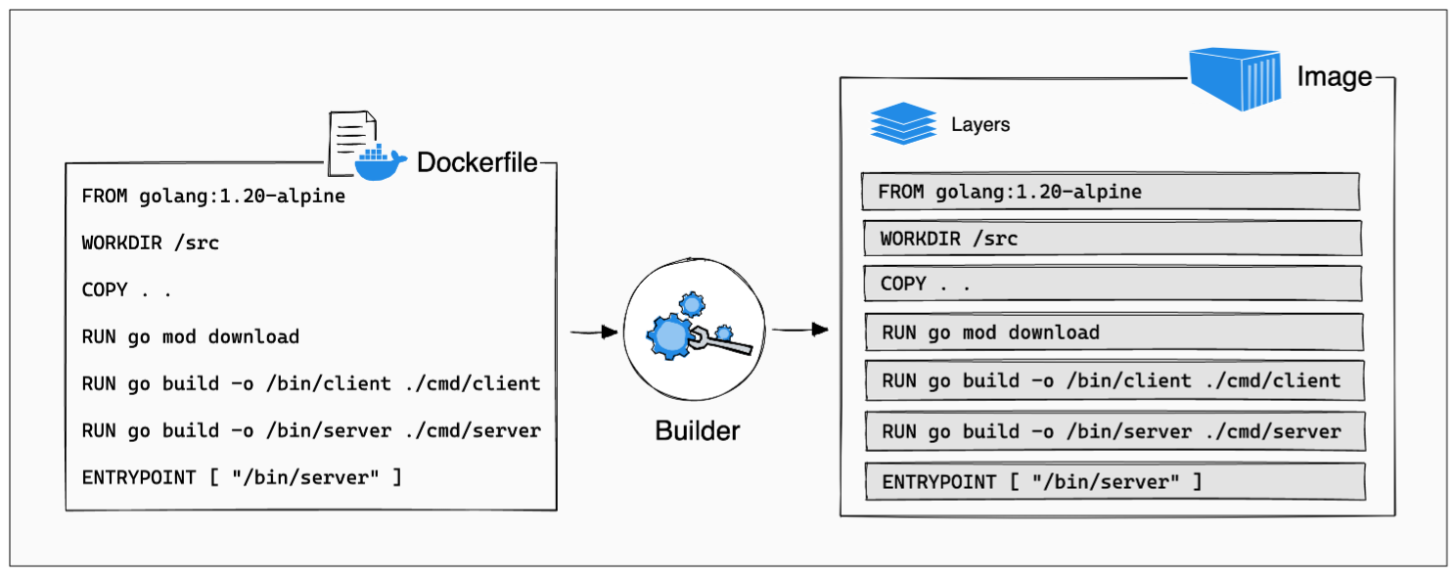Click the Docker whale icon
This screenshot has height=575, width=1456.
point(380,163)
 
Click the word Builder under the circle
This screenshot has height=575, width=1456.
point(697,429)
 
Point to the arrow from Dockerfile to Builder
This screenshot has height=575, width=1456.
point(594,332)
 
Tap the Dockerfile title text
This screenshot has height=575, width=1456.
point(477,162)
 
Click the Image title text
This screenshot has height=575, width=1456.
point(1334,76)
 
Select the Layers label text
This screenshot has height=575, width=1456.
point(980,125)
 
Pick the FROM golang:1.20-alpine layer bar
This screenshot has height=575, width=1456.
point(1111,192)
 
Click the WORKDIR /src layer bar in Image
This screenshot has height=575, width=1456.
point(1113,239)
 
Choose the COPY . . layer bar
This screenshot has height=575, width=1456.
point(1112,284)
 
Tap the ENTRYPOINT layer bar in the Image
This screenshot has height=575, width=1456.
point(1115,482)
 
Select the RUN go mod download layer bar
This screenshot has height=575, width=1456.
point(1114,332)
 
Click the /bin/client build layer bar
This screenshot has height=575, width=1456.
point(1114,381)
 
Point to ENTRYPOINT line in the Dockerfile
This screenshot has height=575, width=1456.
point(242,478)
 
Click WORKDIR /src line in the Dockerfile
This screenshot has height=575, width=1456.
point(151,243)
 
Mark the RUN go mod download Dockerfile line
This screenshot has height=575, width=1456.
point(191,336)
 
